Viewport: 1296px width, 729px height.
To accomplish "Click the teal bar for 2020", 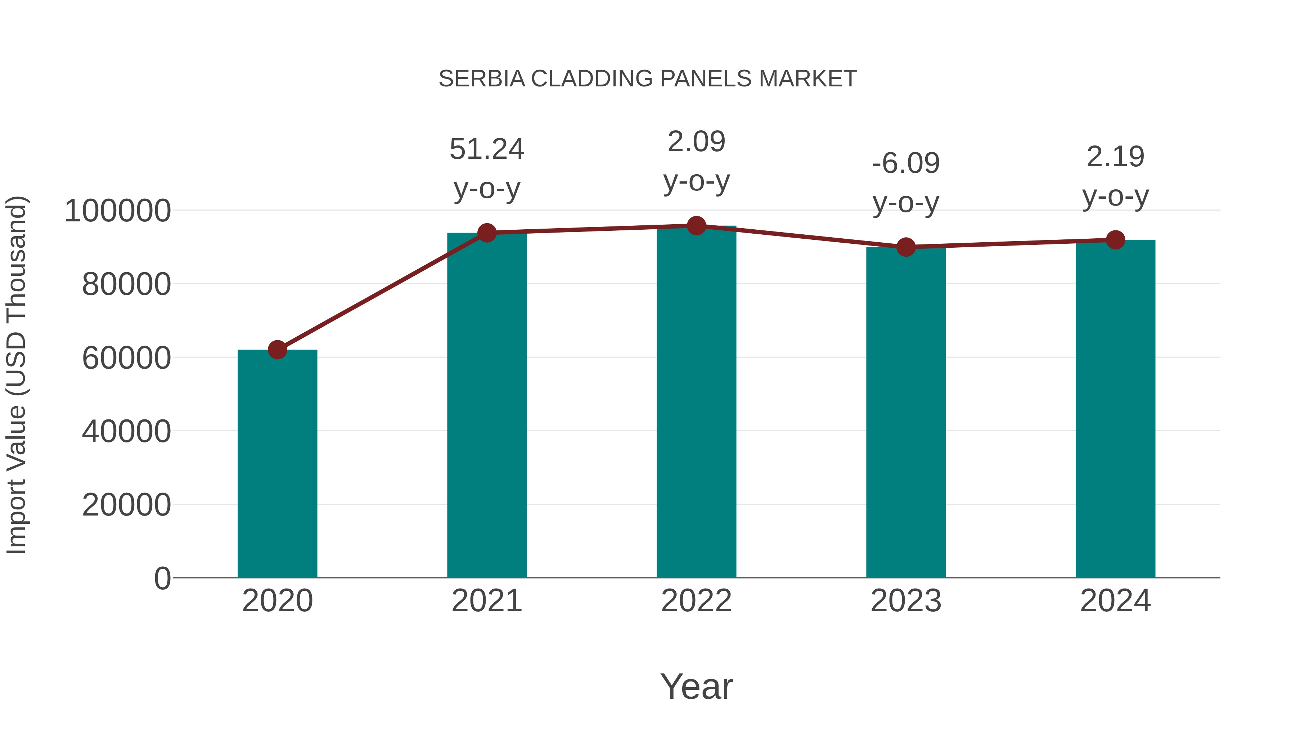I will pyautogui.click(x=277, y=463).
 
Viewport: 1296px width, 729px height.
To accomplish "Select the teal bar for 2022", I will pyautogui.click(x=696, y=402).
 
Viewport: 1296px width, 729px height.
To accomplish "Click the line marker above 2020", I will pyautogui.click(x=277, y=350).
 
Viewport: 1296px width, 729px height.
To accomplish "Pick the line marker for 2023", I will pyautogui.click(x=906, y=247).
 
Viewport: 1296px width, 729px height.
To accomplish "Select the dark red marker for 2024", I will pyautogui.click(x=1115, y=240).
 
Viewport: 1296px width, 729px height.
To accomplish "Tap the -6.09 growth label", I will pyautogui.click(x=906, y=163).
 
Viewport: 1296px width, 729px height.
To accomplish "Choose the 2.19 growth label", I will pyautogui.click(x=1115, y=157).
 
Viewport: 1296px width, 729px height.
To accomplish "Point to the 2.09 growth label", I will pyautogui.click(x=696, y=141).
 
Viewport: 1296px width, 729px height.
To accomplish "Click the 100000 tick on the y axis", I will pyautogui.click(x=118, y=211).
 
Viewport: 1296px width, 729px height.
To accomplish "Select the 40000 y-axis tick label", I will pyautogui.click(x=126, y=431).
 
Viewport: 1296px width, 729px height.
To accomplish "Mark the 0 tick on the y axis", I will pyautogui.click(x=162, y=578).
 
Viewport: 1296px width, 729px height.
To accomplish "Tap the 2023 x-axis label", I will pyautogui.click(x=906, y=601).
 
